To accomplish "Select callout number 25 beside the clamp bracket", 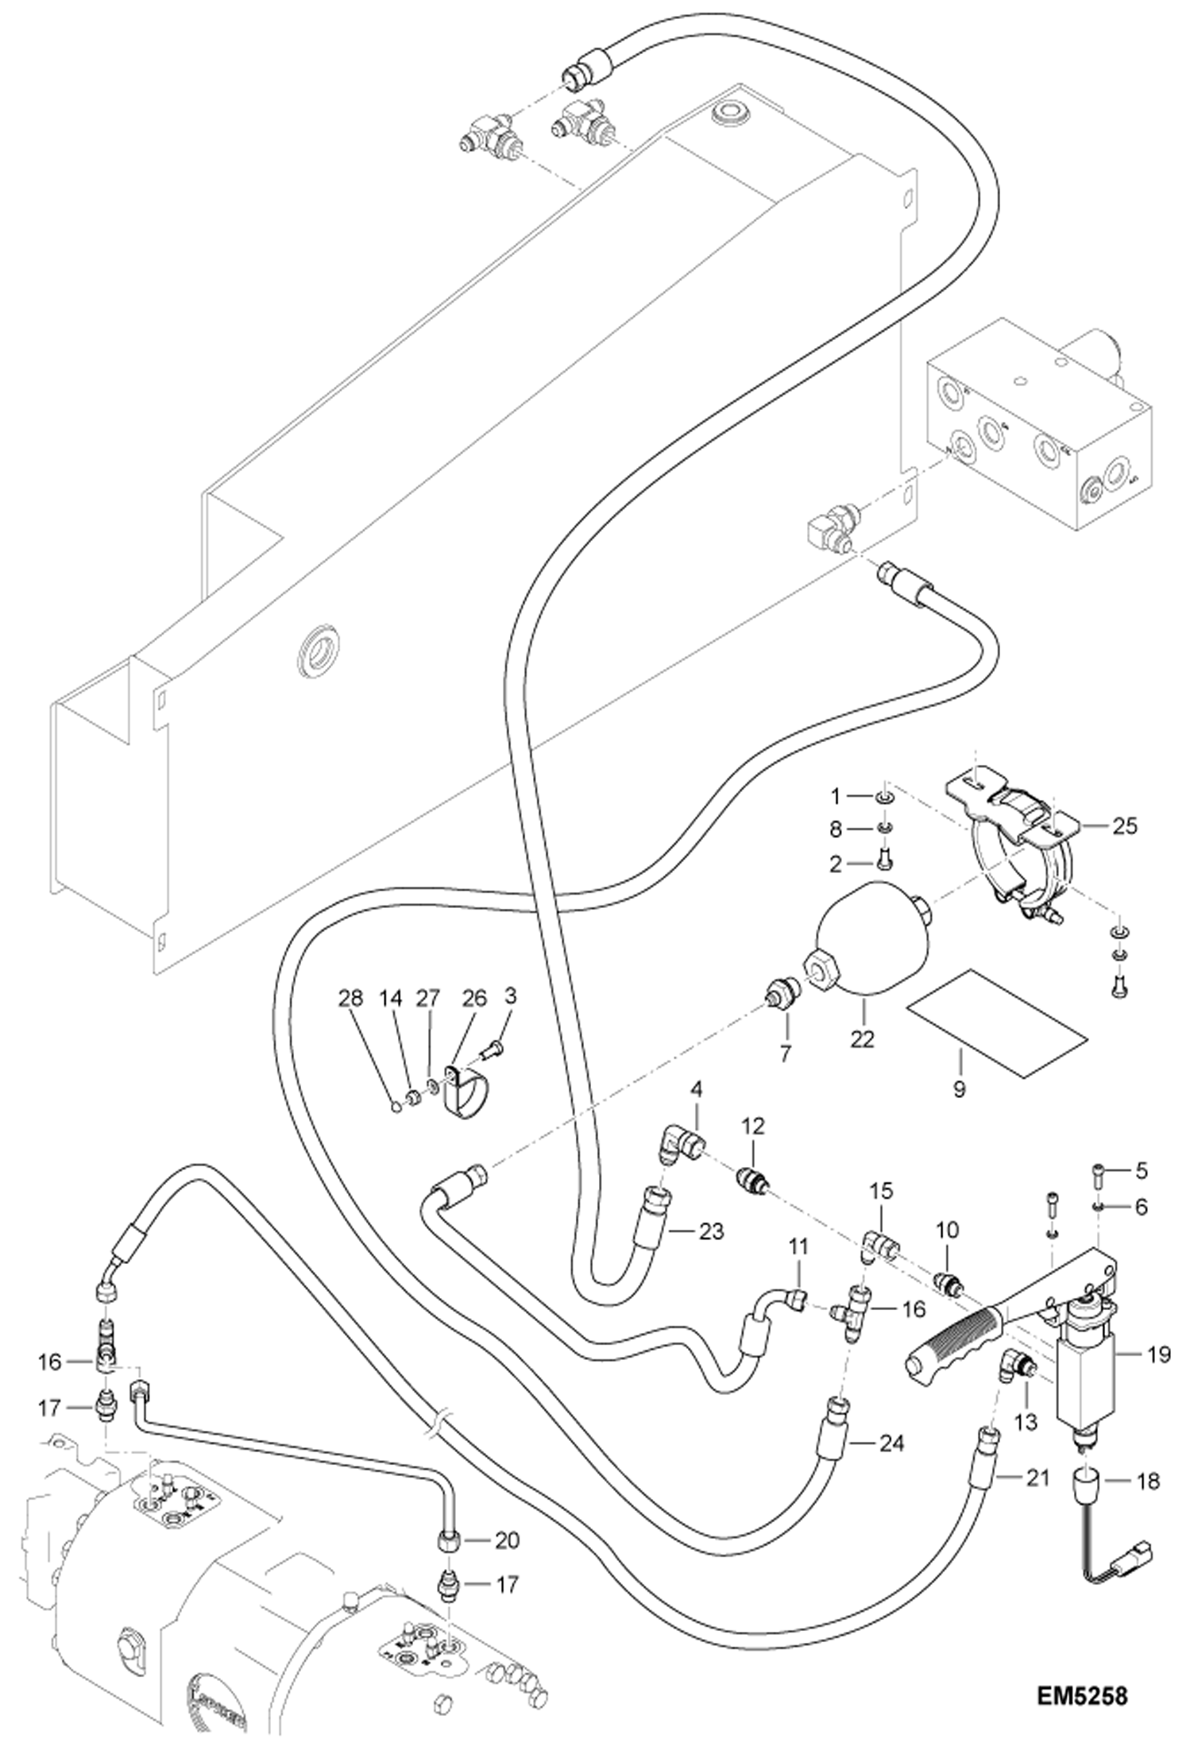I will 1124,826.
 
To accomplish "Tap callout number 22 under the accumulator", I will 862,1038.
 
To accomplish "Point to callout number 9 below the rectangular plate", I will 960,1089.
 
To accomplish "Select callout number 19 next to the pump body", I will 1159,1353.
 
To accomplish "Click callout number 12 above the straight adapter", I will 753,1127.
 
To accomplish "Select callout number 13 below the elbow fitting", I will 1026,1421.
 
